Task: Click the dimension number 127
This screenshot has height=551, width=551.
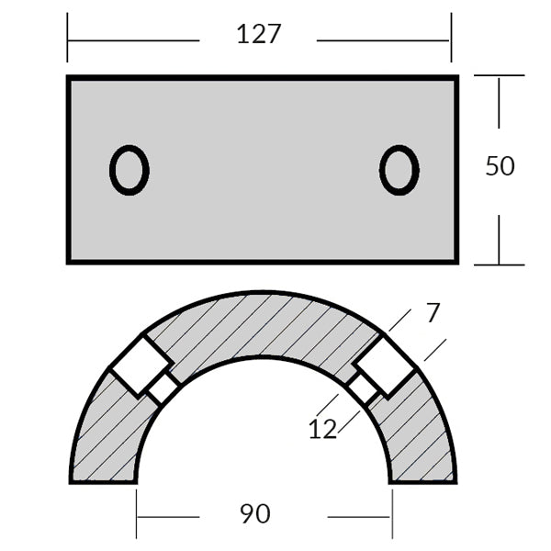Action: pos(258,35)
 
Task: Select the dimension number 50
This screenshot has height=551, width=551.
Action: pos(500,166)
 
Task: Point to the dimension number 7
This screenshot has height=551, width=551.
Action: pos(433,312)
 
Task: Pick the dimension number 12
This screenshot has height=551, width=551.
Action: pos(323,428)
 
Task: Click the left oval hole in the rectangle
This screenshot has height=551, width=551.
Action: pos(129,170)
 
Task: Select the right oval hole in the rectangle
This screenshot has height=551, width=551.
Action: pos(399,170)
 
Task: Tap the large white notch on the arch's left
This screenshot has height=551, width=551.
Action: pos(139,366)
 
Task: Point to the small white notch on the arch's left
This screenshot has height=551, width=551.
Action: pos(163,389)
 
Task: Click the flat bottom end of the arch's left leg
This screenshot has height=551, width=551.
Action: pos(103,480)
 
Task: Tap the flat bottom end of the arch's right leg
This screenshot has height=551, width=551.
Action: pos(422,480)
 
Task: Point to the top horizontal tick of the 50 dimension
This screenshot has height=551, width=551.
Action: pos(499,76)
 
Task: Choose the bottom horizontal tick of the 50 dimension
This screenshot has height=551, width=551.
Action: pos(499,264)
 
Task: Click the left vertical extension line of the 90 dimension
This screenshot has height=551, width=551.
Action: pos(137,512)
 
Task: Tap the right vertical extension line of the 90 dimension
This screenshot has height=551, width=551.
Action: pos(392,512)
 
